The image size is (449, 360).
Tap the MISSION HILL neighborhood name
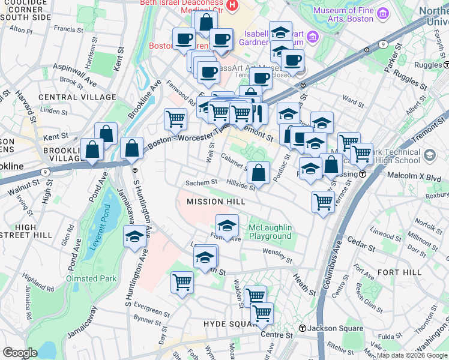tap(216, 202)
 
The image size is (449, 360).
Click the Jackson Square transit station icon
tap(303, 329)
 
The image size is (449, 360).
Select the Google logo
tap(20, 352)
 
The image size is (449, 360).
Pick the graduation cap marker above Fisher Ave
tap(227, 226)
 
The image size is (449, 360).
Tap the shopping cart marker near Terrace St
tap(323, 202)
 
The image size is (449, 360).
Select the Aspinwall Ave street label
tap(75, 66)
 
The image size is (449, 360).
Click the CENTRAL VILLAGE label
tap(77, 97)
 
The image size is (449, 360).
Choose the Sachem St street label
tap(200, 182)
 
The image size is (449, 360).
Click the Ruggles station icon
tap(446, 65)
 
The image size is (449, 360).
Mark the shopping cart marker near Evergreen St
tap(182, 282)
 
